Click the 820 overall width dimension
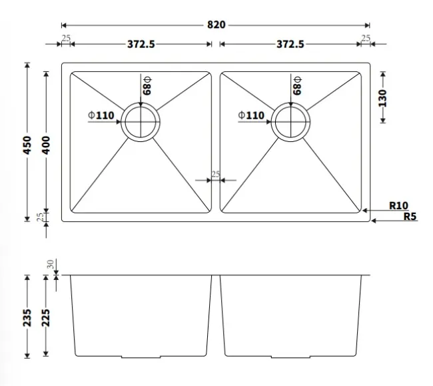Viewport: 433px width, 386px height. point(217,25)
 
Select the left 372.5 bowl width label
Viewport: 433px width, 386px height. point(141,44)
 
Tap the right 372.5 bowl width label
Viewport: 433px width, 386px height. point(290,44)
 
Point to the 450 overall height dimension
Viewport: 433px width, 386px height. point(27,145)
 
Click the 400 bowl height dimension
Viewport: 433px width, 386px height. point(46,145)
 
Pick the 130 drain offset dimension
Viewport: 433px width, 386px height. point(383,98)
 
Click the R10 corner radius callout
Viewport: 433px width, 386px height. point(398,205)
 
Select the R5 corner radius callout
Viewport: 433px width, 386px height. point(410,216)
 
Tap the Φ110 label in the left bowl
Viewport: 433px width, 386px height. point(101,115)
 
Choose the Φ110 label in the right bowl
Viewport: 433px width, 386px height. point(251,115)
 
